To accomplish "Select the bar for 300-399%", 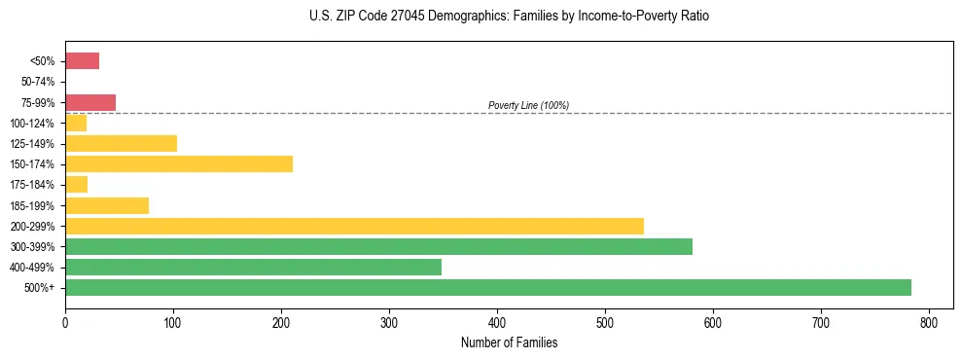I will point(378,246).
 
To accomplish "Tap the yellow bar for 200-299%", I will point(354,226).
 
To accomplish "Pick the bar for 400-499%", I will point(253,267).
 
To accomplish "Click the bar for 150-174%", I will point(179,163).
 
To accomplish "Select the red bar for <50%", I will point(82,60).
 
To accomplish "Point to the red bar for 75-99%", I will point(90,102).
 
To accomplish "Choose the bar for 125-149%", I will point(121,143).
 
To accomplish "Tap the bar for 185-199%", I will point(107,205).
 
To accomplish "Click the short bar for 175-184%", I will point(77,184).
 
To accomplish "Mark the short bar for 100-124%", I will point(76,123).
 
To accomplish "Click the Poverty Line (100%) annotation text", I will point(528,105).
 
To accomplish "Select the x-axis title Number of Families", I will point(509,342).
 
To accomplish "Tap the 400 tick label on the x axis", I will point(497,323).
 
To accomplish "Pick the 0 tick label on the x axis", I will point(65,323).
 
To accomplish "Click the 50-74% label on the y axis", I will point(38,82).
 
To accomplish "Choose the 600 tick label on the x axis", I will point(713,323).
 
